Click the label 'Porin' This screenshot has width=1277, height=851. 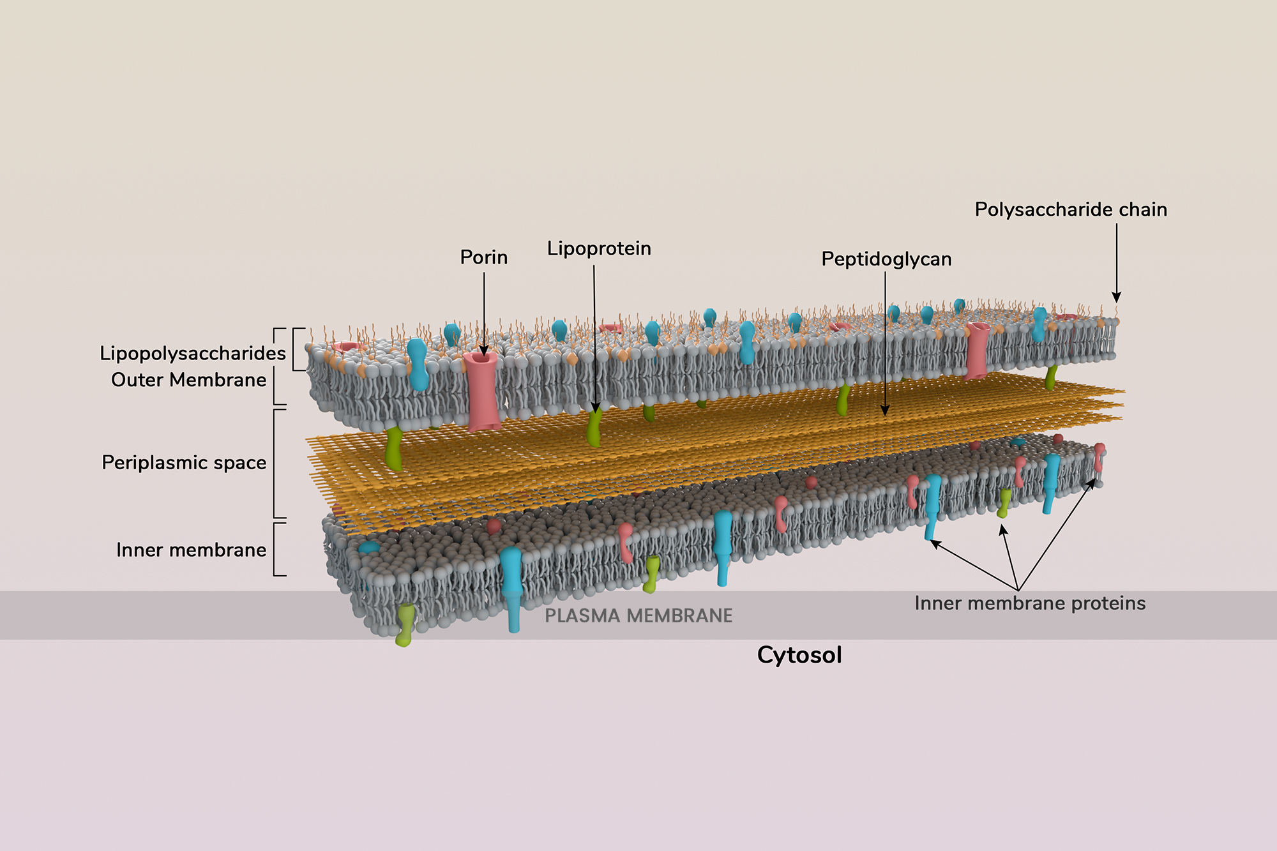[483, 257]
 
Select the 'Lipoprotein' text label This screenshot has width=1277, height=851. [599, 248]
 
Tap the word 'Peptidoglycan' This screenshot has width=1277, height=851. [886, 259]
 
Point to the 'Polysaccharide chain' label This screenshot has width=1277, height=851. [1071, 209]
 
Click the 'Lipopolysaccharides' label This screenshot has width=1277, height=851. [192, 353]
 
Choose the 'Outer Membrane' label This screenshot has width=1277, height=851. [188, 380]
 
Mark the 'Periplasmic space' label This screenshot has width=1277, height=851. [184, 463]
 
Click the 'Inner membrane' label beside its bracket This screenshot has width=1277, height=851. [191, 550]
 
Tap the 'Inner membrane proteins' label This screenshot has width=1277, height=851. [1030, 603]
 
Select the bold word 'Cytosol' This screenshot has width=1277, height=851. [799, 655]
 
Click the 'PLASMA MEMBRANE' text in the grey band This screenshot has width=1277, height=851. [638, 616]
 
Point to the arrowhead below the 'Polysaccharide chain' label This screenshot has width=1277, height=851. [1116, 297]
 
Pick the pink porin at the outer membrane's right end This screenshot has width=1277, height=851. [977, 350]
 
